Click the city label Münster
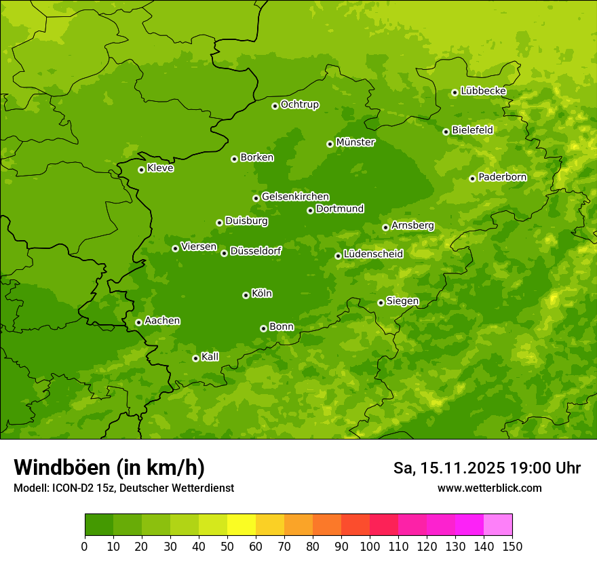coord(355,142)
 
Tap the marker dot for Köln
coord(246,295)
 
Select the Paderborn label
coord(502,177)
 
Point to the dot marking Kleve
coord(141,170)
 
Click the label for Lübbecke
coord(483,91)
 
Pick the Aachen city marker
coord(138,322)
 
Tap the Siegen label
coord(402,301)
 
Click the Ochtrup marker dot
coord(275,105)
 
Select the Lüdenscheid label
coord(373,254)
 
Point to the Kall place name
coord(210,357)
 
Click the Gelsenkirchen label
coord(295,197)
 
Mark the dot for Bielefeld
coord(446,132)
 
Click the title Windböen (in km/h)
coord(109,468)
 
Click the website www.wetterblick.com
coord(490,488)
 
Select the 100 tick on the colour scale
coord(370,546)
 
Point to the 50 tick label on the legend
coord(227,546)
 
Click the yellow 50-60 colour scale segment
coord(242,525)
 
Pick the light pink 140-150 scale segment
coord(498,525)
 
